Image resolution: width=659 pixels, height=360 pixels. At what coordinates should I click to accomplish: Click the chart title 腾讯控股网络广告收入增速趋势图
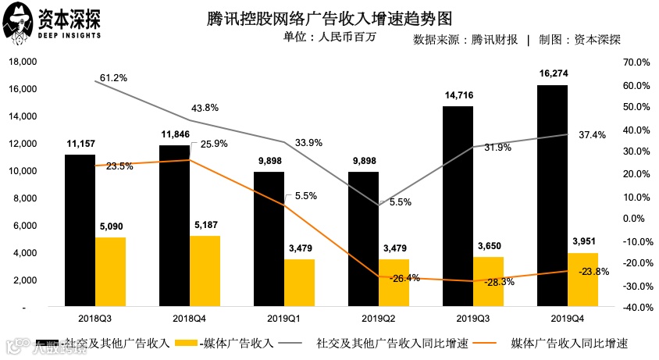tap(329, 17)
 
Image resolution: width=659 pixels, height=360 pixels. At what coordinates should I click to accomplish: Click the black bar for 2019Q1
tap(269, 239)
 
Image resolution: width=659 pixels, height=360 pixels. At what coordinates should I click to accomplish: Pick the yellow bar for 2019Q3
tap(488, 281)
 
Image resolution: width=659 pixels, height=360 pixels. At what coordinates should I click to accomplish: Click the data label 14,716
tap(457, 95)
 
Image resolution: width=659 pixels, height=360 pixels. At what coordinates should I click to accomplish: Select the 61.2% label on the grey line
tap(113, 78)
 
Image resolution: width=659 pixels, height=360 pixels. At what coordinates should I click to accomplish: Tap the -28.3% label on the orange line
tap(499, 282)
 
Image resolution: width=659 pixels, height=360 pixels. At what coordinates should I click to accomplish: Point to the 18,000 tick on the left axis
tap(23, 62)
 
